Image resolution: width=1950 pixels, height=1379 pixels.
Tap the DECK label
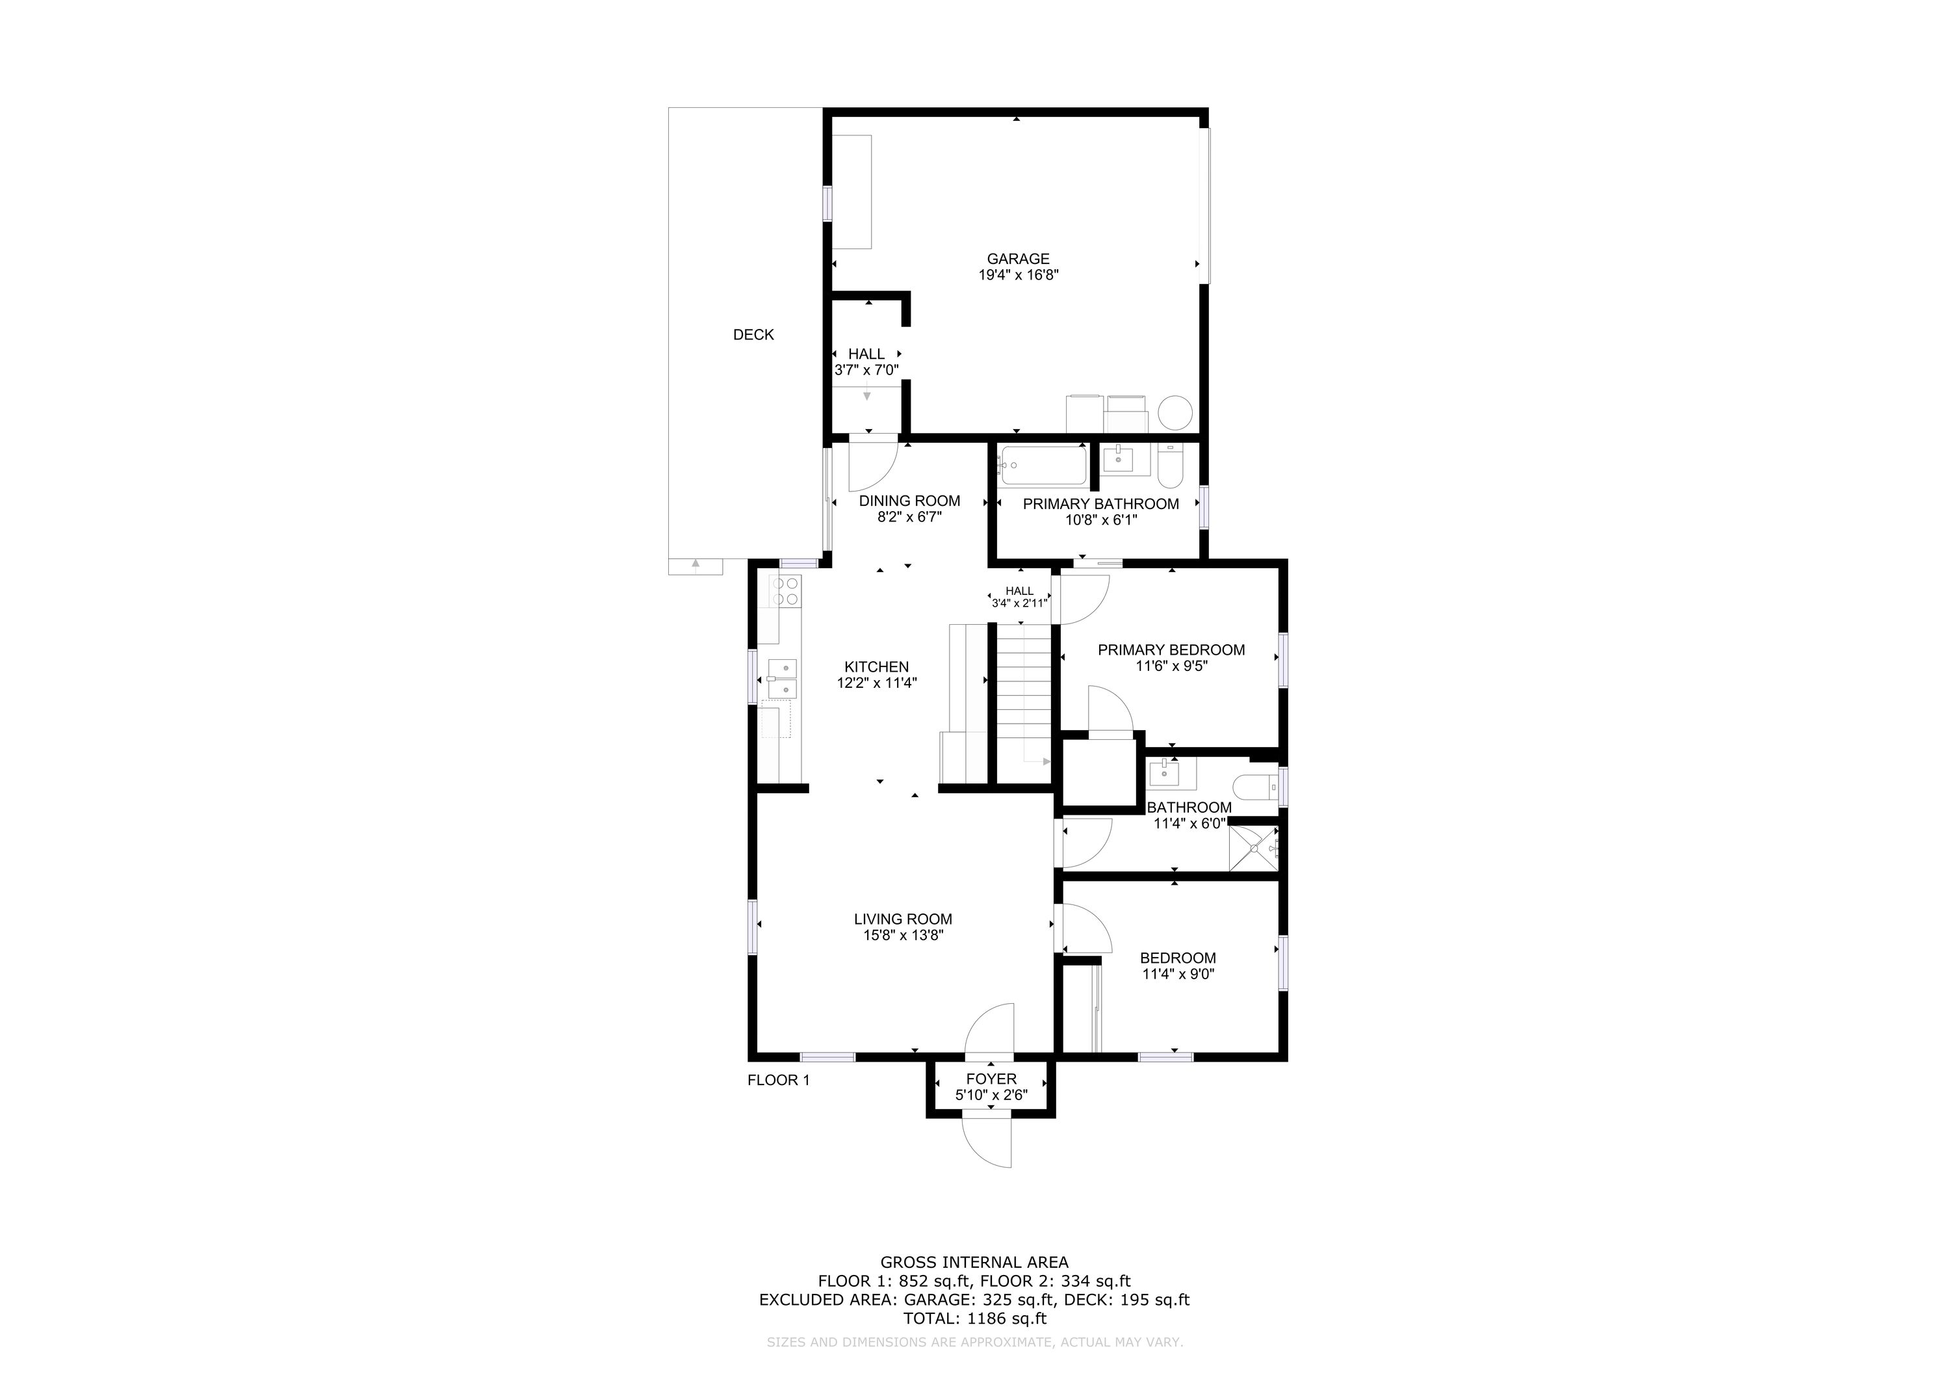pos(753,335)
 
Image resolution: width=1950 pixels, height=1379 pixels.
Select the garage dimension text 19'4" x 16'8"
pos(1019,275)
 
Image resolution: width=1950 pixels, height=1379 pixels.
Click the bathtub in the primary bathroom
pos(1043,466)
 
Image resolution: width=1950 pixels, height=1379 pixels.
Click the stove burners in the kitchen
pos(191,590)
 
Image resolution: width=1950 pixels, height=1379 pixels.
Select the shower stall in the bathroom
pos(1254,847)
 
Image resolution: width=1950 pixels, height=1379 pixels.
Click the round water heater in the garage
pos(1175,413)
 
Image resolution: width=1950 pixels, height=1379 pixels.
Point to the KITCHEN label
pos(876,667)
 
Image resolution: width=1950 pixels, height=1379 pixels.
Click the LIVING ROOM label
pos(903,919)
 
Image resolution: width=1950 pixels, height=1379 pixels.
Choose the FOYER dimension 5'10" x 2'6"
pos(991,1096)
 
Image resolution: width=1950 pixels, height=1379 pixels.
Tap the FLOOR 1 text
pos(778,1080)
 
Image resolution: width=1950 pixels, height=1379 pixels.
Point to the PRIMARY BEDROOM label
pos(1171,650)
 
